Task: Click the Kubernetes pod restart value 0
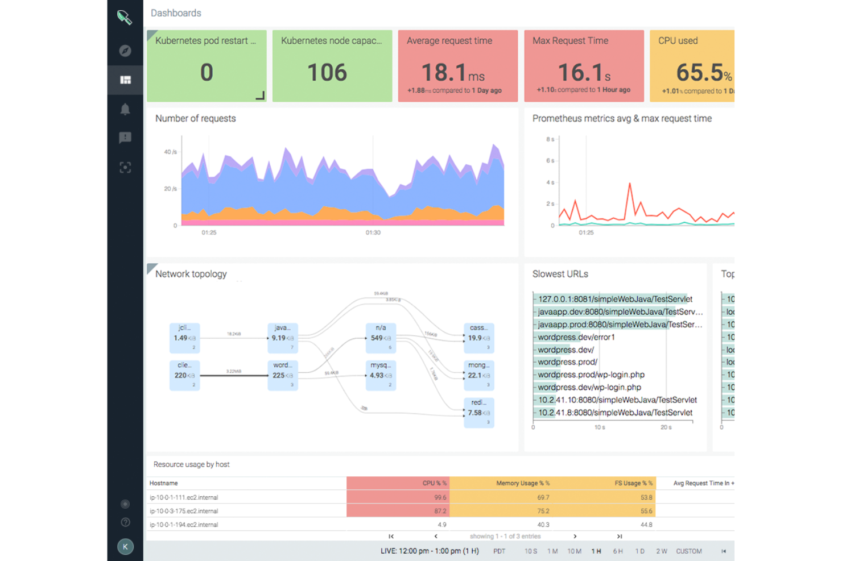coord(207,73)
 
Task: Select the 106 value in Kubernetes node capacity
coord(327,73)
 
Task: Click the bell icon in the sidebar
coord(125,109)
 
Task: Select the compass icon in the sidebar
coord(125,51)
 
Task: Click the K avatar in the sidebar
coord(125,547)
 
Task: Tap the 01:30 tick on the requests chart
coord(373,232)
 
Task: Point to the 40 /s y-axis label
coord(170,152)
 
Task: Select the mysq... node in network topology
coord(381,375)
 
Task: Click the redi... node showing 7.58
coord(478,413)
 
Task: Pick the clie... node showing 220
coord(184,375)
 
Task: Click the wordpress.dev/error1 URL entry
coord(576,337)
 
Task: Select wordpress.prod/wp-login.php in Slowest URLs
coord(591,375)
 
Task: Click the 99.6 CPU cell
coord(440,497)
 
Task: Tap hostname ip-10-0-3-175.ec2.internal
coord(184,511)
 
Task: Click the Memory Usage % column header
coord(522,483)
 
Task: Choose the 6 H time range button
coord(618,551)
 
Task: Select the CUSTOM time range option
coord(688,551)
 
